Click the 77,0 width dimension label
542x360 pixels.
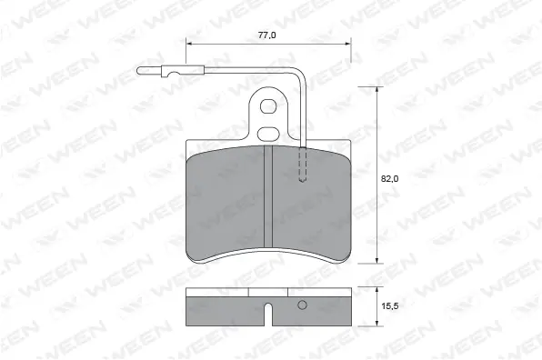click(266, 35)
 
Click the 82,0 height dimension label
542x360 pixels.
click(389, 180)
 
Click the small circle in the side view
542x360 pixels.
click(303, 306)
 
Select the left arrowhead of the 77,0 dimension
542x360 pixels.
click(190, 43)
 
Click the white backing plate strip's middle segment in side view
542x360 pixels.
click(268, 294)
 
